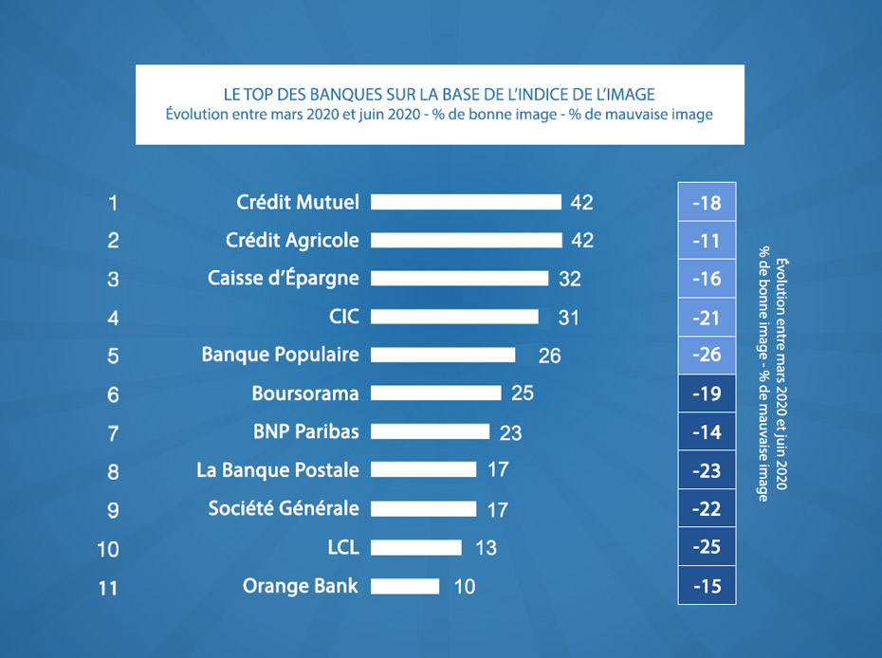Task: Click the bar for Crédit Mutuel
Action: point(466,202)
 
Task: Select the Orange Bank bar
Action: point(405,586)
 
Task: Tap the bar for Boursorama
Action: point(435,393)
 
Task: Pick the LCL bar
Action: point(415,547)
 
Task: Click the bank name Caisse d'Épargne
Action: point(284,278)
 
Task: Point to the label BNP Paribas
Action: point(306,431)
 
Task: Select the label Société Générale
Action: point(284,508)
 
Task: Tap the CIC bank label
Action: point(344,316)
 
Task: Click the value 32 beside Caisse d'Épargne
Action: point(569,279)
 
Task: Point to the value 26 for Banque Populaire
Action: point(549,356)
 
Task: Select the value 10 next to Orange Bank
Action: point(464,587)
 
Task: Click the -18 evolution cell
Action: point(707,203)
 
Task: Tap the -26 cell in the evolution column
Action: point(707,356)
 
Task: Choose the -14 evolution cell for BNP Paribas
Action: point(707,432)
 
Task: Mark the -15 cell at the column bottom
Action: point(707,586)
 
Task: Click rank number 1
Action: point(113,202)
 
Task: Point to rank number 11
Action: point(108,588)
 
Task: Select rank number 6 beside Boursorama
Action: point(113,394)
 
